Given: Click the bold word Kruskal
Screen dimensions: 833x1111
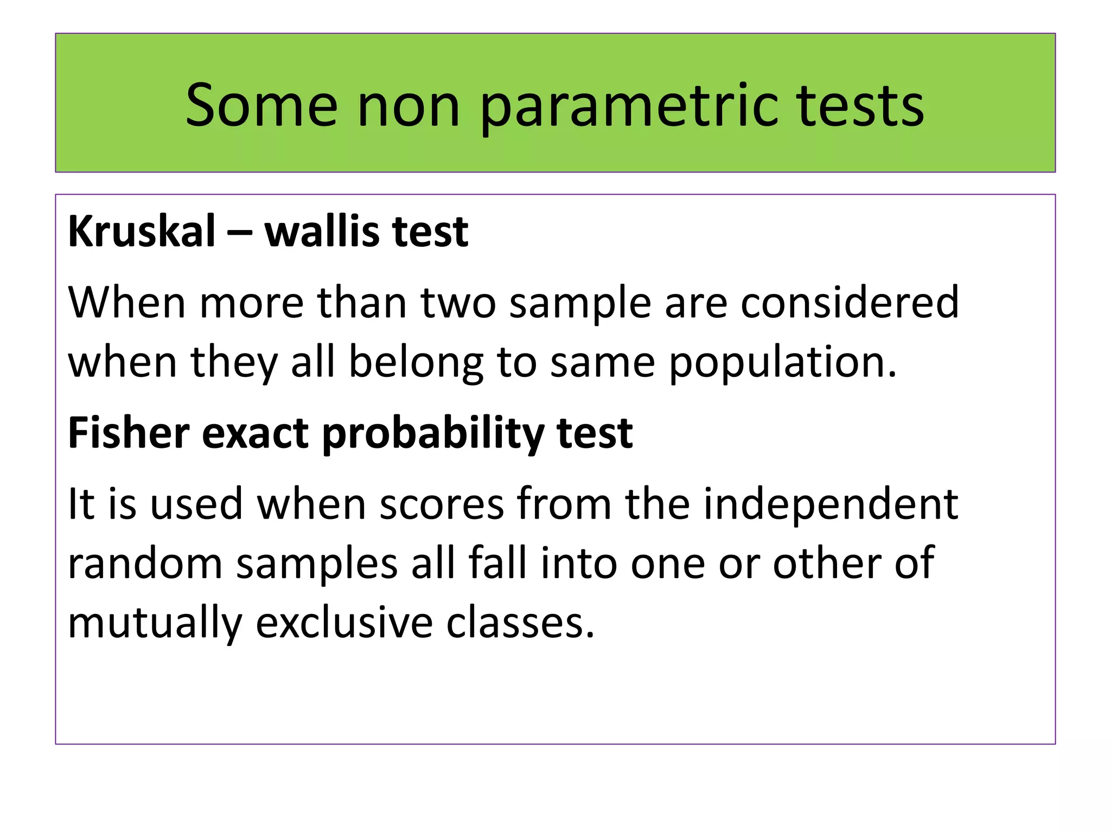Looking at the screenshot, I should (x=142, y=232).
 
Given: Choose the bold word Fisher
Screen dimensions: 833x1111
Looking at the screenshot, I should (x=129, y=433).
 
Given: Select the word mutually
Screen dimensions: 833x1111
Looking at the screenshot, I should (x=155, y=624).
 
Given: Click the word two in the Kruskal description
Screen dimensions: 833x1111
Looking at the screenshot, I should (x=458, y=303).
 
